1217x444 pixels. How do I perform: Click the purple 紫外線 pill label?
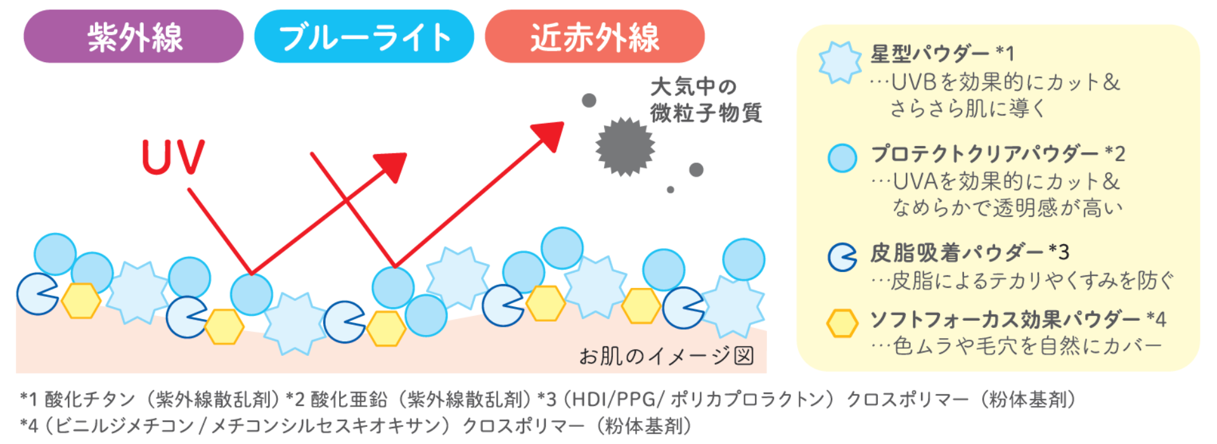[133, 36]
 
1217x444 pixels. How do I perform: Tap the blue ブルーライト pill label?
[364, 36]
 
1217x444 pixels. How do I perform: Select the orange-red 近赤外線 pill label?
[595, 36]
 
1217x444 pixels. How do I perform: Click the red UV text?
[173, 157]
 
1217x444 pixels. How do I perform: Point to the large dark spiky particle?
[625, 147]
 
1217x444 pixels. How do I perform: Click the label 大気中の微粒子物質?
[705, 100]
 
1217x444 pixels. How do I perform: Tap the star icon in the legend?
[840, 63]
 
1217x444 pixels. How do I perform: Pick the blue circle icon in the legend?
[842, 158]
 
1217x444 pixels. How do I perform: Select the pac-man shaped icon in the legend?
[842, 257]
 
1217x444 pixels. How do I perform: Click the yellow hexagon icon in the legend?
[842, 323]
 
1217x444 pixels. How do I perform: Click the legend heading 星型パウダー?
[930, 54]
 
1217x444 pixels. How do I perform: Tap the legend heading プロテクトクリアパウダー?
[984, 153]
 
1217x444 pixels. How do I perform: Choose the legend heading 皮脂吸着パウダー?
[956, 252]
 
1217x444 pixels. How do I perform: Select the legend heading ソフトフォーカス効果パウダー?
[1005, 319]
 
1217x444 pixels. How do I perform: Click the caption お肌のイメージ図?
[666, 356]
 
